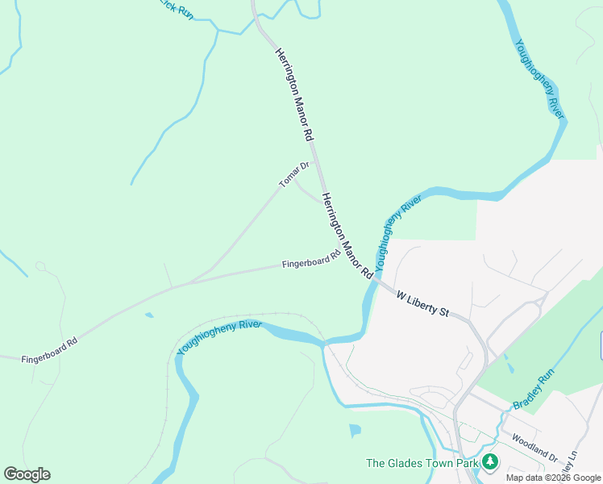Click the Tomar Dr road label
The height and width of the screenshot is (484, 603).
[x=294, y=175]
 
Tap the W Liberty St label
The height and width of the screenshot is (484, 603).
[x=422, y=304]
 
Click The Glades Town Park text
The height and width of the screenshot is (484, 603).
[x=420, y=463]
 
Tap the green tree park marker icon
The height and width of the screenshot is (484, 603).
[x=489, y=462]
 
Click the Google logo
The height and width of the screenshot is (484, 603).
[x=27, y=474]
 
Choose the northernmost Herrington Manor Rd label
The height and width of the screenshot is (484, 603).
[x=293, y=95]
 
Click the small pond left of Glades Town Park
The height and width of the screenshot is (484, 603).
[x=356, y=431]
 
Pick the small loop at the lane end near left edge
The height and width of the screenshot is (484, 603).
[x=40, y=266]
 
